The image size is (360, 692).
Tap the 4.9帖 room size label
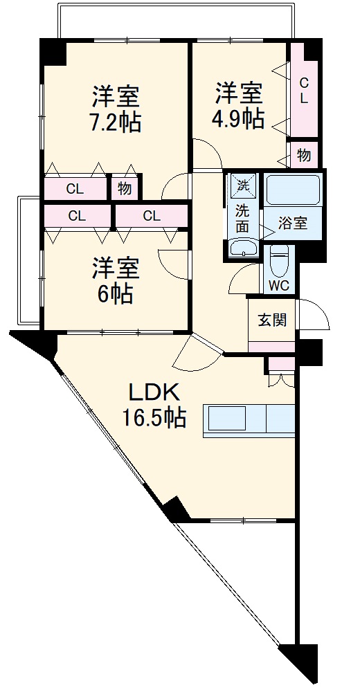pos(237,118)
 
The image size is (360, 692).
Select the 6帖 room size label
pos(115,293)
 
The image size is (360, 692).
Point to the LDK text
pos(154,392)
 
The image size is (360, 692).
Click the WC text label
pos(279,285)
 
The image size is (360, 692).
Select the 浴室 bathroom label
pos(293,224)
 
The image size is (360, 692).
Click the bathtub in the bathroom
pos(293,188)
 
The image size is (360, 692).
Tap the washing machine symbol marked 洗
pos(243,185)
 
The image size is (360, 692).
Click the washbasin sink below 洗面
pos(243,248)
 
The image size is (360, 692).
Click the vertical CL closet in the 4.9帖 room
pos(303,90)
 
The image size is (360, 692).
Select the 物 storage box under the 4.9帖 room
pos(304,155)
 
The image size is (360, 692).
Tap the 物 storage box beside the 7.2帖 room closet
pos(125,188)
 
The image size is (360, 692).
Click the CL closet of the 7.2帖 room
pos(75,188)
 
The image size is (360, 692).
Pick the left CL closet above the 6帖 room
pos(77,215)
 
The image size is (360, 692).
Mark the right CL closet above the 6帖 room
pos(152,215)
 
